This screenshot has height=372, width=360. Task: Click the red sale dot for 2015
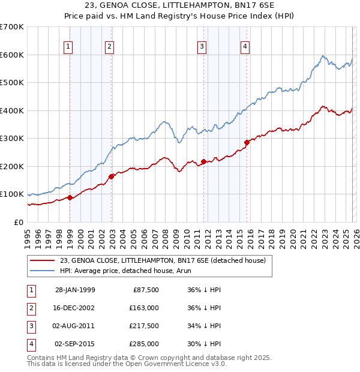(247, 142)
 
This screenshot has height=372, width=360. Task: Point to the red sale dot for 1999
(70, 197)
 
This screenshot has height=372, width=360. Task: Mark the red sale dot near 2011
(203, 161)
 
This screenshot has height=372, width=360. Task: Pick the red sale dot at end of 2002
(112, 176)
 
